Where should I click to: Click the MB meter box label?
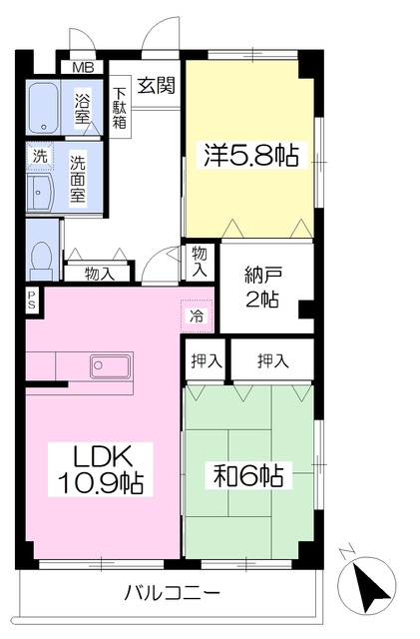tap(84, 67)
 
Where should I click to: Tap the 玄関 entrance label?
tap(156, 85)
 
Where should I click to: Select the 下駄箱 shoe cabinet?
tap(120, 108)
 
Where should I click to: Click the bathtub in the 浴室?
tap(44, 107)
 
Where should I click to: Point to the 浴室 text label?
tap(82, 109)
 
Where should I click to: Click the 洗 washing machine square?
tap(40, 156)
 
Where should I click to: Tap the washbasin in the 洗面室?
tap(40, 193)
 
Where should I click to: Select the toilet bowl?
tap(42, 261)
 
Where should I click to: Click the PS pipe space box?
tap(32, 301)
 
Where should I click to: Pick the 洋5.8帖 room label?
tap(250, 156)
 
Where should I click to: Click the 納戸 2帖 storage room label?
tap(261, 288)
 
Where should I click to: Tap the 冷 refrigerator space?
tap(197, 316)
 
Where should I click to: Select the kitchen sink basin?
tap(111, 365)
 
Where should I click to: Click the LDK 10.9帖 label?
tap(101, 468)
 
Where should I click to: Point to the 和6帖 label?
tap(248, 475)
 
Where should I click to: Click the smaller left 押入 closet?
tap(206, 360)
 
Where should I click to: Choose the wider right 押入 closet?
tap(272, 360)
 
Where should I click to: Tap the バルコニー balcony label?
tap(172, 592)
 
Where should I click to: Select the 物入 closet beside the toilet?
tap(99, 274)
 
